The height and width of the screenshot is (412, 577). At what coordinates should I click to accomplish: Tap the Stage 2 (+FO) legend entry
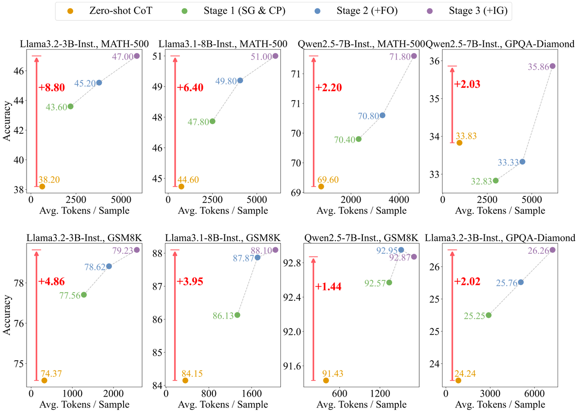pyautogui.click(x=360, y=10)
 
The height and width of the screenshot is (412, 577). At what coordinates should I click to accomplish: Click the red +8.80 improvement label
pyautogui.click(x=52, y=88)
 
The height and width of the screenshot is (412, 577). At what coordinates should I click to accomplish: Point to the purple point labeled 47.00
pyautogui.click(x=137, y=56)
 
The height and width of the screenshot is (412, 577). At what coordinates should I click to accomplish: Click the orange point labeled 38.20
pyautogui.click(x=42, y=187)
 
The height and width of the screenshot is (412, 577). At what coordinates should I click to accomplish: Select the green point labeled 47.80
pyautogui.click(x=212, y=121)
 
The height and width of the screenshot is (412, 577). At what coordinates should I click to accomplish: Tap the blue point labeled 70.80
pyautogui.click(x=382, y=115)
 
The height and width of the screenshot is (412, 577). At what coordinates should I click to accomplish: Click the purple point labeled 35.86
pyautogui.click(x=552, y=66)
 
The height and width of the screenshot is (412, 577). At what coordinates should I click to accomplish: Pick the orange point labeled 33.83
pyautogui.click(x=459, y=143)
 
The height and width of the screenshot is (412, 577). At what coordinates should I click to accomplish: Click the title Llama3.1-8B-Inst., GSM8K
pyautogui.click(x=223, y=238)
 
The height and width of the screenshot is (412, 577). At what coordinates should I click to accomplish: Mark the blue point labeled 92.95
pyautogui.click(x=401, y=250)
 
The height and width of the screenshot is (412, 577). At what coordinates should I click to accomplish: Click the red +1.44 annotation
pyautogui.click(x=329, y=287)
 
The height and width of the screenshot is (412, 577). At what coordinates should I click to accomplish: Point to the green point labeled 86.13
pyautogui.click(x=237, y=315)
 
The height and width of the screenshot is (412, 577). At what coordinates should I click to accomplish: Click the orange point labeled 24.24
pyautogui.click(x=458, y=380)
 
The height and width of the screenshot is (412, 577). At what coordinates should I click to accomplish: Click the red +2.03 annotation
pyautogui.click(x=467, y=84)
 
